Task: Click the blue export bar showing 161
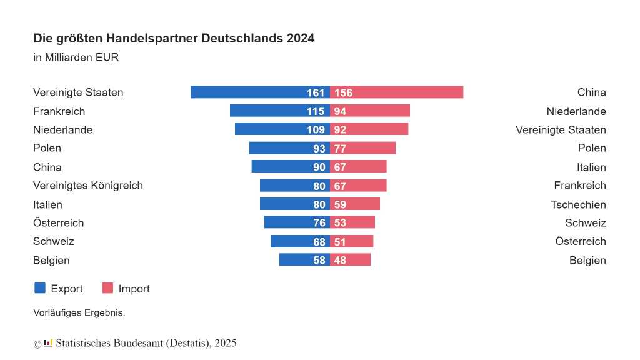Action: (x=250, y=92)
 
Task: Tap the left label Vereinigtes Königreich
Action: (x=88, y=186)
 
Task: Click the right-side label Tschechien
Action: (x=578, y=204)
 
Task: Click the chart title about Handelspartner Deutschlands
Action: (x=174, y=39)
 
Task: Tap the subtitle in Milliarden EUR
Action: (x=76, y=57)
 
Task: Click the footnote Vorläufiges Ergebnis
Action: (x=79, y=312)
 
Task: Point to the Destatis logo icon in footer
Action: (x=48, y=343)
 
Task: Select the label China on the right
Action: (x=591, y=92)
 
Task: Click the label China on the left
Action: (x=47, y=167)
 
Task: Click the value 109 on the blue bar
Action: (x=316, y=130)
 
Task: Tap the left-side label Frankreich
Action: (x=59, y=111)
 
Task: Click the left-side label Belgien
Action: (x=51, y=260)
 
